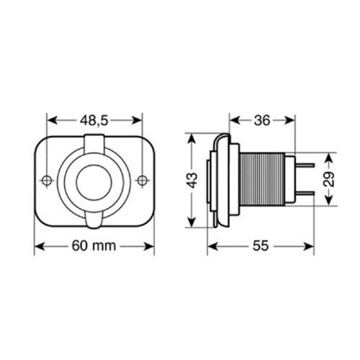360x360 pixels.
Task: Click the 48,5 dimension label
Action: (95, 120)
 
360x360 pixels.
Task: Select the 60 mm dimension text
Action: (94, 246)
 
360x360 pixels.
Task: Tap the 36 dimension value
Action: (262, 120)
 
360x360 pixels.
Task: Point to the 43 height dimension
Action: (192, 181)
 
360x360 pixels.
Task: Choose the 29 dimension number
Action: (330, 179)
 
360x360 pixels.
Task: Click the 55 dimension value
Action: (261, 246)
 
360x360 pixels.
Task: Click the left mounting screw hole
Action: (46, 181)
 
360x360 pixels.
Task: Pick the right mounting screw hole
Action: (142, 181)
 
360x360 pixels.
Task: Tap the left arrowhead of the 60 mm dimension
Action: (38, 246)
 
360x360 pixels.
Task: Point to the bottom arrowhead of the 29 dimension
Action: (330, 202)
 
